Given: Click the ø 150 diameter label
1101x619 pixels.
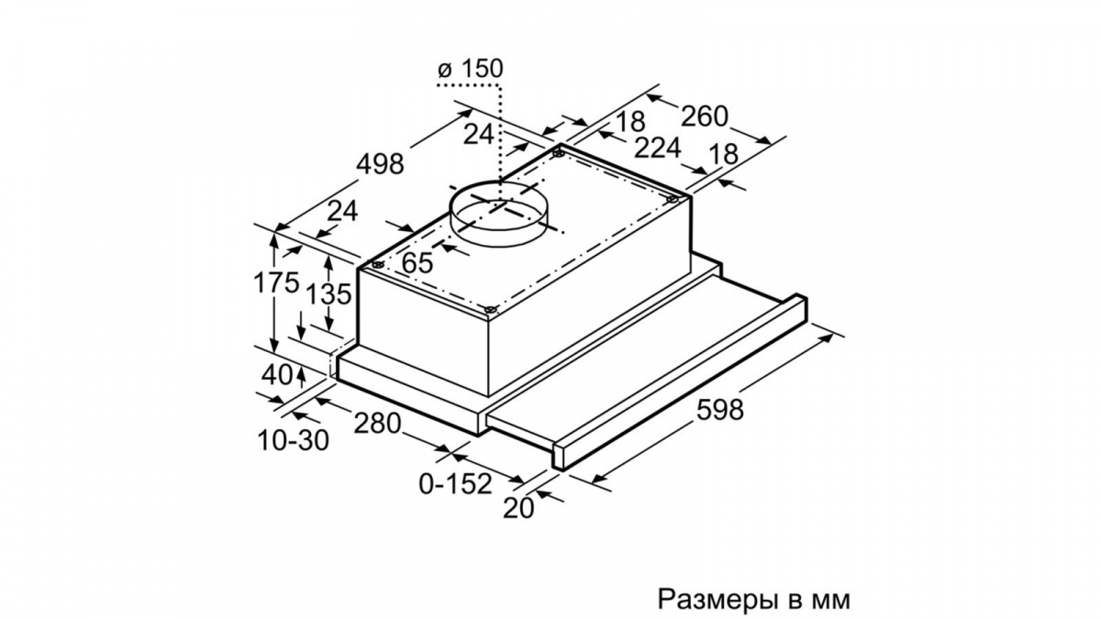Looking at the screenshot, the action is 471,69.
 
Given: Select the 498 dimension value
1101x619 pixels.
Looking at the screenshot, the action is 380,163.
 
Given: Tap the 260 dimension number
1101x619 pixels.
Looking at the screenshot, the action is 704,116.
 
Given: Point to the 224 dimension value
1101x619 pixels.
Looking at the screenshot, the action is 657,148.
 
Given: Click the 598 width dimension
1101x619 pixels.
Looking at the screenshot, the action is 720,409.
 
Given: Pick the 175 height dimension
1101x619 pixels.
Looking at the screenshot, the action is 276,282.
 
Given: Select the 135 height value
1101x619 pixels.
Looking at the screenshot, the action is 328,293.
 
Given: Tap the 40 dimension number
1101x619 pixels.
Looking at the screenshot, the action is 277,375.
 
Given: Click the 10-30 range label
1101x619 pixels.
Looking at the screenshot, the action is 293,440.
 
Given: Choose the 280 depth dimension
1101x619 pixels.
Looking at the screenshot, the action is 377,423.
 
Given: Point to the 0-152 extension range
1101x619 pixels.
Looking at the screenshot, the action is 455,484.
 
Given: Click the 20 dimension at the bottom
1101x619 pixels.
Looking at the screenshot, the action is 518,508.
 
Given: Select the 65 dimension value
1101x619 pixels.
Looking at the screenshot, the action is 417,262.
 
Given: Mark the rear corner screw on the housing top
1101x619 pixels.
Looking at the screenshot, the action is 559,154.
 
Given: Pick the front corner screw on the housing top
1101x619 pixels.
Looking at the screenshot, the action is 489,310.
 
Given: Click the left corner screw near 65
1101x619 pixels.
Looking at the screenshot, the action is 377,265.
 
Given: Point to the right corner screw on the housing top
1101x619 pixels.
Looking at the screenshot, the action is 673,200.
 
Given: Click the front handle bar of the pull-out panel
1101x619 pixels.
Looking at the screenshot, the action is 680,382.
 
